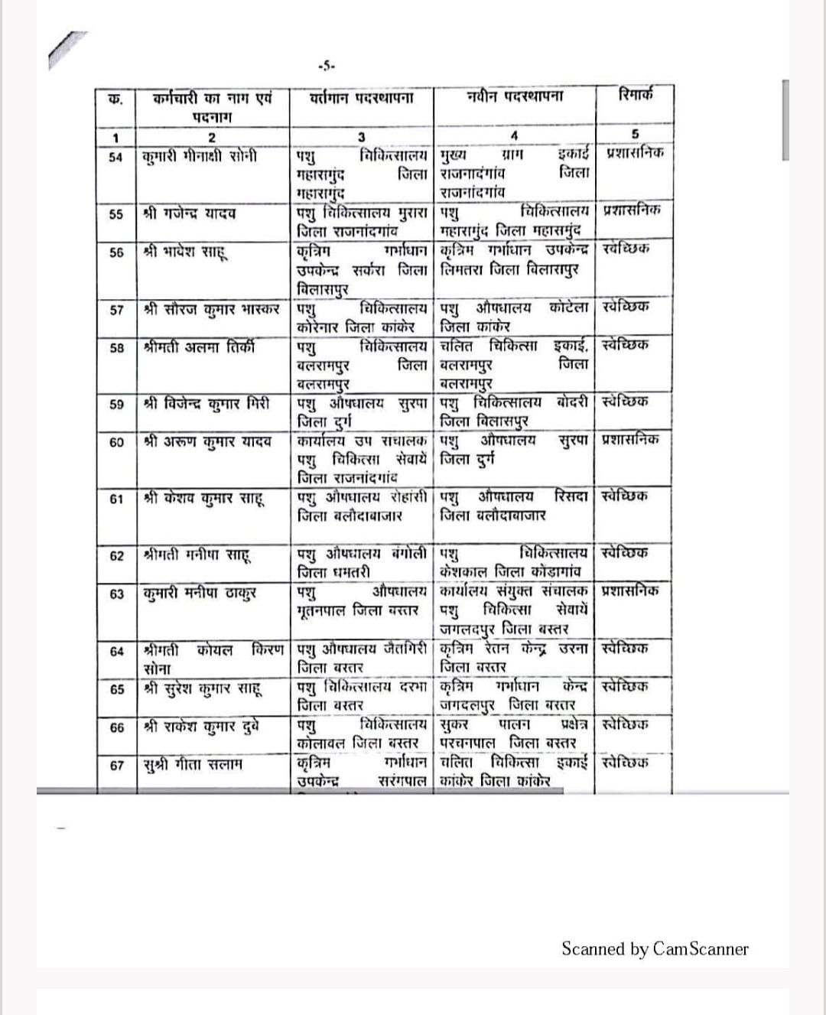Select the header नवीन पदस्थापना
coord(514,97)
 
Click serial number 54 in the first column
coord(116,158)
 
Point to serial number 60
coord(116,442)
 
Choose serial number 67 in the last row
coord(116,765)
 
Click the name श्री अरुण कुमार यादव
coord(207,441)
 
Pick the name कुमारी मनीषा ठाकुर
coord(200,594)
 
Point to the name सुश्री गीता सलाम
coord(193,764)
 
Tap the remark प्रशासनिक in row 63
coord(630,590)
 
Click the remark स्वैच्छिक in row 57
coord(626,307)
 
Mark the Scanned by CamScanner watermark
coord(655,949)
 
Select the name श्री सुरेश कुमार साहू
coord(203,688)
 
